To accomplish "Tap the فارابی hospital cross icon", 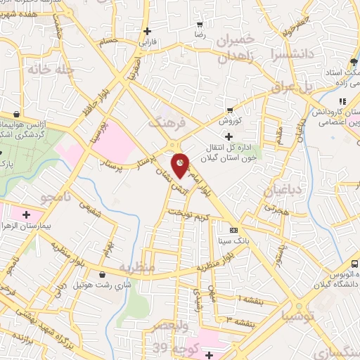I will click(147, 31).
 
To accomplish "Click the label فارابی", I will click(147, 42).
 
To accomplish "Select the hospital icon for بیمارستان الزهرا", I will click(27, 214).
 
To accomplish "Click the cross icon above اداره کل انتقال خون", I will click(228, 136).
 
